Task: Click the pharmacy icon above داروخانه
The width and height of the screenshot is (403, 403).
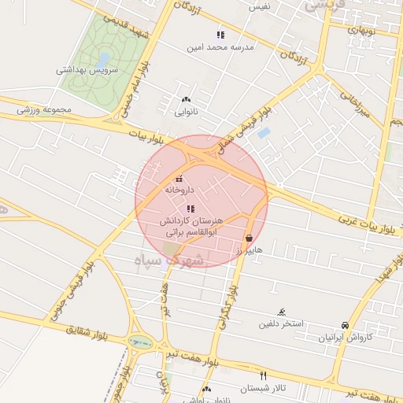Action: click(179, 179)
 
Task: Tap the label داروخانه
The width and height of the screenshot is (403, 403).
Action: click(179, 190)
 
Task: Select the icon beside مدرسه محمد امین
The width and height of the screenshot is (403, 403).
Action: click(220, 35)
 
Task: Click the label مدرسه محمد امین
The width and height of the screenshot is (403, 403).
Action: click(220, 47)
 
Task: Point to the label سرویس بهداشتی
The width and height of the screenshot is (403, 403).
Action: click(87, 69)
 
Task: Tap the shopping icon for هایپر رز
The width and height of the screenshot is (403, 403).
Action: click(249, 238)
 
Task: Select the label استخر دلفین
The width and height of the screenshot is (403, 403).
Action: click(283, 324)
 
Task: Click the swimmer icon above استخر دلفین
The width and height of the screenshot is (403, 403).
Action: click(283, 312)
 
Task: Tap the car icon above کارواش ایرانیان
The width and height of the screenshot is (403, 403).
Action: click(345, 325)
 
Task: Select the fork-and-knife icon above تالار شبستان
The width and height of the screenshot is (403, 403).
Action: click(263, 376)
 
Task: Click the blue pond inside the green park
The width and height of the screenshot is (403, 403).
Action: click(104, 59)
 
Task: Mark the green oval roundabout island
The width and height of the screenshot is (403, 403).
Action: click(141, 342)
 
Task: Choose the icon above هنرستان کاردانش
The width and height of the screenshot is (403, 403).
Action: click(190, 209)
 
